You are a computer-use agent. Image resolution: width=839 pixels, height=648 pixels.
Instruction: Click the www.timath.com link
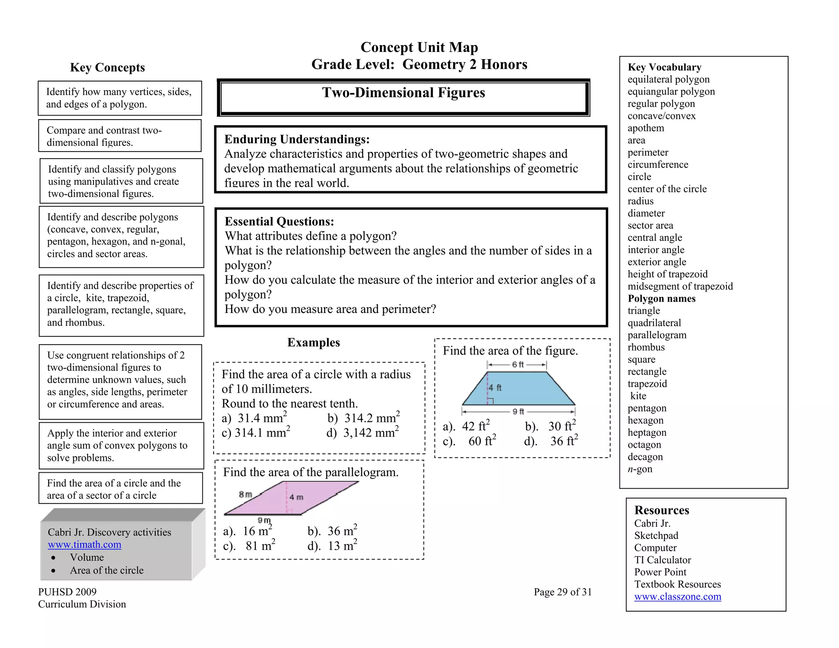coord(84,544)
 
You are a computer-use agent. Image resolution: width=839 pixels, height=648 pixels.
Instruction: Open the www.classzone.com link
coord(677,596)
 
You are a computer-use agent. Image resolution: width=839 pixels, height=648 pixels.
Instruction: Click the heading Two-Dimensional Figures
coord(403,93)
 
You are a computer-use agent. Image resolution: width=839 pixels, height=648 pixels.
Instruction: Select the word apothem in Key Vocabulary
coord(646,128)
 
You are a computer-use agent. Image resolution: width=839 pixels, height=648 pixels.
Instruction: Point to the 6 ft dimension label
coord(517,365)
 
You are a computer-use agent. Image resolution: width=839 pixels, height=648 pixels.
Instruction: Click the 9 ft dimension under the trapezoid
coord(518,411)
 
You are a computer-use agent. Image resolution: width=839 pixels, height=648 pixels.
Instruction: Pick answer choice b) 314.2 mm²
coord(364,418)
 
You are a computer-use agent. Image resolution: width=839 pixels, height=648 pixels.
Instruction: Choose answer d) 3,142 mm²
coord(363,433)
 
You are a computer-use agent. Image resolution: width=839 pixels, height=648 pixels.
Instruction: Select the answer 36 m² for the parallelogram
coord(333,531)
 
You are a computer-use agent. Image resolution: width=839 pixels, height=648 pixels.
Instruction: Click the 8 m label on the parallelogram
coord(245,494)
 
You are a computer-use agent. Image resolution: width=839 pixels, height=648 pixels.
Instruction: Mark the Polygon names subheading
coord(661,299)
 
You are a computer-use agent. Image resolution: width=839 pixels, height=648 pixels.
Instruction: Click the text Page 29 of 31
coord(562,592)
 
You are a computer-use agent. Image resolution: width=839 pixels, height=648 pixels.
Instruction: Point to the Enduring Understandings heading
coord(297,139)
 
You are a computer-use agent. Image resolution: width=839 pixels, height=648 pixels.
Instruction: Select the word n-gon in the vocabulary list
coord(640,469)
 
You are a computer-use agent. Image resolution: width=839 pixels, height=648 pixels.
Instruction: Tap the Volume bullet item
coord(87,557)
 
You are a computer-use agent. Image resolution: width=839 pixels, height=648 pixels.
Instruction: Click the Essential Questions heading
coord(279,222)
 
